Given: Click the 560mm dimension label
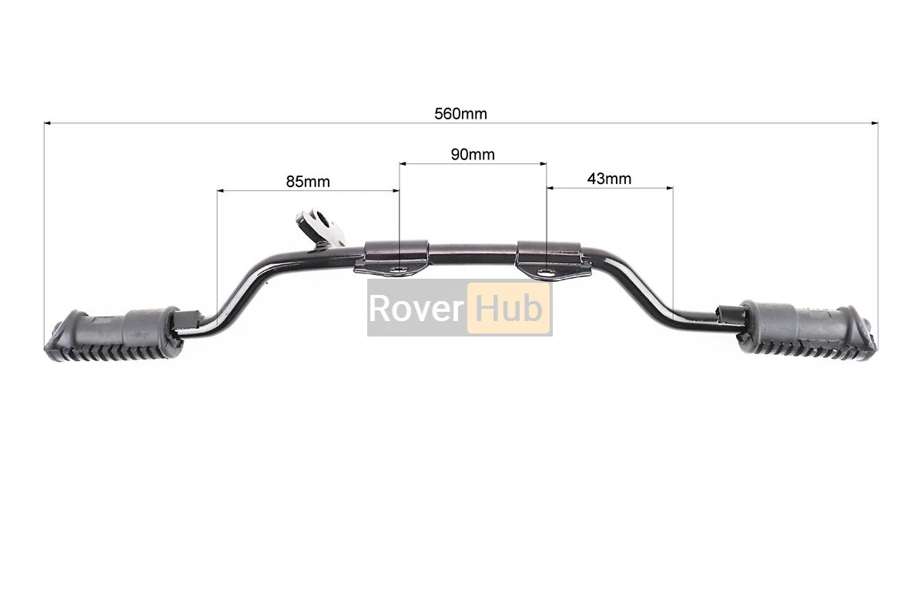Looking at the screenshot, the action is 460,114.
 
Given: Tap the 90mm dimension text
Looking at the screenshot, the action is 473,155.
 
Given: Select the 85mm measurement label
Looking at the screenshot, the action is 308,182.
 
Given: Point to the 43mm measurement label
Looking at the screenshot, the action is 609,179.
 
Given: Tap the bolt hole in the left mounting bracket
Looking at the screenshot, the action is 400,269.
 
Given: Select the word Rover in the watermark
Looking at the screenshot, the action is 416,308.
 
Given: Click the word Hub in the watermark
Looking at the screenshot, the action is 509,308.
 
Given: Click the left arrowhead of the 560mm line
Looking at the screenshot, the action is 47,123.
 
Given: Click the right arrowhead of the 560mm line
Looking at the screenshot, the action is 875,123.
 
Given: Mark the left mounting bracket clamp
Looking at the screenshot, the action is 391,257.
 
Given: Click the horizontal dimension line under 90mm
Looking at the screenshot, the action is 473,164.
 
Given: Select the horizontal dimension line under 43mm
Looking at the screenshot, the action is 610,189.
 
